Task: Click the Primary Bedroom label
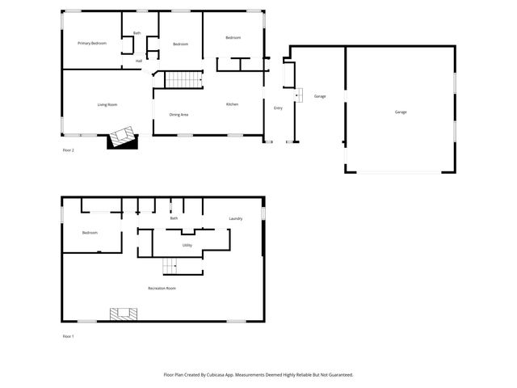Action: [x=92, y=43]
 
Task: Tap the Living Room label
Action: [x=107, y=104]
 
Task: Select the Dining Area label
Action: [x=179, y=115]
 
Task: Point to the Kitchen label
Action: [x=232, y=104]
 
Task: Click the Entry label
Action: [x=278, y=108]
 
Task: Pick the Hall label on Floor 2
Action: [x=139, y=61]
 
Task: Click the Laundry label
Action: [x=236, y=218]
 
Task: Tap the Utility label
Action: [x=187, y=244]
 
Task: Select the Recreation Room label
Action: [x=162, y=288]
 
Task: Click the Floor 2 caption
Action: [x=68, y=150]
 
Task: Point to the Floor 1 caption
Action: [x=68, y=335]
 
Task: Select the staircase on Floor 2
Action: [x=183, y=80]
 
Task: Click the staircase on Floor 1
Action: [x=170, y=265]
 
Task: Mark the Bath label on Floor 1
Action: [x=174, y=218]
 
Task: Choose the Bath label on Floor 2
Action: [x=137, y=33]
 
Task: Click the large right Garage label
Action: [x=401, y=112]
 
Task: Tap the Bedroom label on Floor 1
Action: [x=90, y=233]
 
